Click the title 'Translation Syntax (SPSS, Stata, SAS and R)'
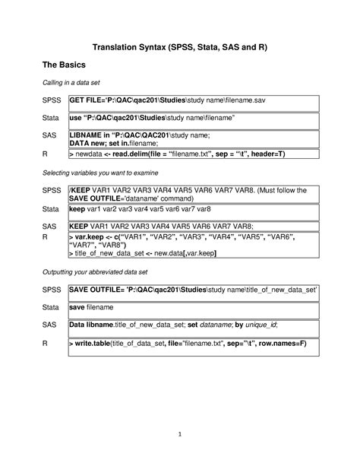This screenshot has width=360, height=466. [x=179, y=47]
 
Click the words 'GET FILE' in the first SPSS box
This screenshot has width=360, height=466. [x=86, y=101]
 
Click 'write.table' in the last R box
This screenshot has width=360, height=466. [x=93, y=344]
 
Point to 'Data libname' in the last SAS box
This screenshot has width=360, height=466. [x=92, y=325]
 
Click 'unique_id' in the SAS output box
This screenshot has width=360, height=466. [x=256, y=325]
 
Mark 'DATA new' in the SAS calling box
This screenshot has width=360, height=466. [x=88, y=143]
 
